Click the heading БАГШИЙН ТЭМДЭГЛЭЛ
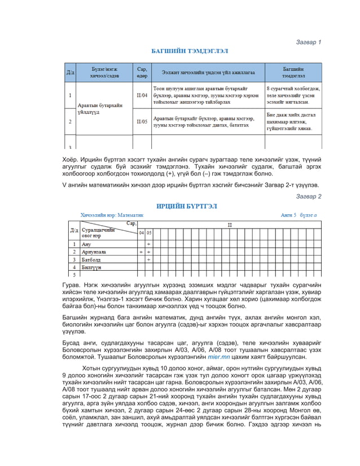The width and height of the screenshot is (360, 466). pyautogui.click(x=190, y=51)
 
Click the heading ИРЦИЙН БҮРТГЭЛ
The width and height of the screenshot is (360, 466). pyautogui.click(x=186, y=206)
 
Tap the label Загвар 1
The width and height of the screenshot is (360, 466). pyautogui.click(x=309, y=42)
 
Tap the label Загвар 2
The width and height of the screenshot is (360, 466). pyautogui.click(x=309, y=196)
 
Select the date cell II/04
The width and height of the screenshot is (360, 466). pyautogui.click(x=142, y=96)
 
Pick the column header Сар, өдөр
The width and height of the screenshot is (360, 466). pyautogui.click(x=142, y=72)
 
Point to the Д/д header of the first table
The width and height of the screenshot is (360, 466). pyautogui.click(x=70, y=73)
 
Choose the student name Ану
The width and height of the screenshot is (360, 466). pyautogui.click(x=86, y=244)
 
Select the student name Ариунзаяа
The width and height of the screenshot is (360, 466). pyautogui.click(x=94, y=252)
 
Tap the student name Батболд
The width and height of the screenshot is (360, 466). pyautogui.click(x=91, y=260)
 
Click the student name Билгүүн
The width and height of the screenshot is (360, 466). pyautogui.click(x=91, y=267)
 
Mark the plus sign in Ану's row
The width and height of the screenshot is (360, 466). pyautogui.click(x=148, y=244)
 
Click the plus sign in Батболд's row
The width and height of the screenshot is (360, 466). pyautogui.click(x=148, y=260)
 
